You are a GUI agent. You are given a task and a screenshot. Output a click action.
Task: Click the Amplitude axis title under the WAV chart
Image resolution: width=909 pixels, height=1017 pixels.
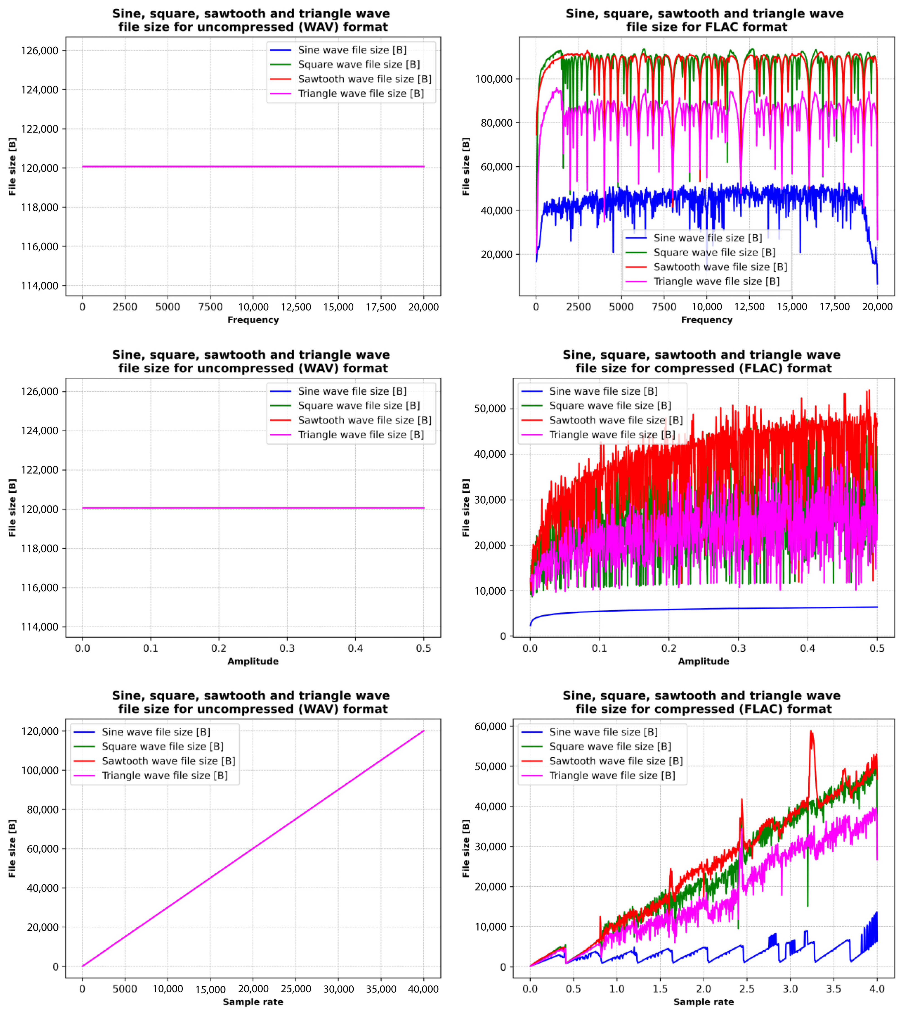click(253, 661)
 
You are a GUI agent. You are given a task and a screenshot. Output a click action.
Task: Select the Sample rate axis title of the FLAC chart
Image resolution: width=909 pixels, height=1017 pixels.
click(703, 1002)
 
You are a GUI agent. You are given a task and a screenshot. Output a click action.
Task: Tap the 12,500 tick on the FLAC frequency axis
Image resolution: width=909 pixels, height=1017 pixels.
click(749, 307)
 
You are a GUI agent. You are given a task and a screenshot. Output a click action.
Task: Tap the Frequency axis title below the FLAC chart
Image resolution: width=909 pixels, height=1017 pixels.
click(706, 320)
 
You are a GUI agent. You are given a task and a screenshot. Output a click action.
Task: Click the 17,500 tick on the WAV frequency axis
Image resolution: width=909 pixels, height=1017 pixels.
click(381, 307)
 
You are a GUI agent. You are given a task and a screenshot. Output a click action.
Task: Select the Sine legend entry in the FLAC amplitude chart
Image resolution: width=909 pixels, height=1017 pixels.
click(603, 391)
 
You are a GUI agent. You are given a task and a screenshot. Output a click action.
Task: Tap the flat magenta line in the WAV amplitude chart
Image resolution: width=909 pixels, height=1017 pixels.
click(253, 508)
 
